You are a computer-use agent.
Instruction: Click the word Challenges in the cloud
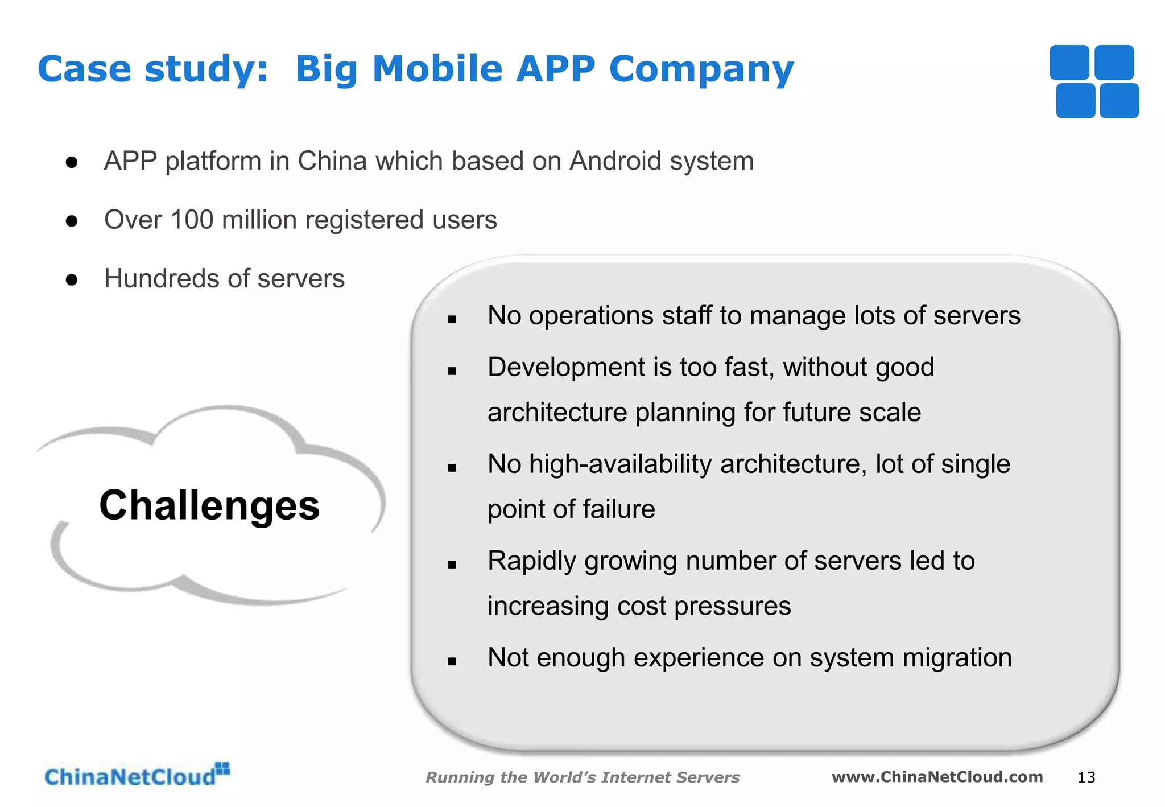[x=209, y=505]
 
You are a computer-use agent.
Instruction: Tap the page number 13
[x=1086, y=777]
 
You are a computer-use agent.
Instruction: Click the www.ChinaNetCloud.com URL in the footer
[x=937, y=777]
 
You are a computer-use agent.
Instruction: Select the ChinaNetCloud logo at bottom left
[x=137, y=776]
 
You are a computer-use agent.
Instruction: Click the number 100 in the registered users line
[x=192, y=220]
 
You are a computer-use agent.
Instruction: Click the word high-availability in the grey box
[x=620, y=464]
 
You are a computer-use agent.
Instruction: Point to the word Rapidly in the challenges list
[x=532, y=562]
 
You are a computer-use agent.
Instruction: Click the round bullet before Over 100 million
[x=72, y=221]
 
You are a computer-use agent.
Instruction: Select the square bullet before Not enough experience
[x=452, y=661]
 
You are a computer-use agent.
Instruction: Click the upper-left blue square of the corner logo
[x=1069, y=63]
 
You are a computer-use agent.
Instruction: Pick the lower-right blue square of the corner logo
[x=1119, y=101]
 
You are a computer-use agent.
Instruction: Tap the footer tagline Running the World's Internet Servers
[x=582, y=777]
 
